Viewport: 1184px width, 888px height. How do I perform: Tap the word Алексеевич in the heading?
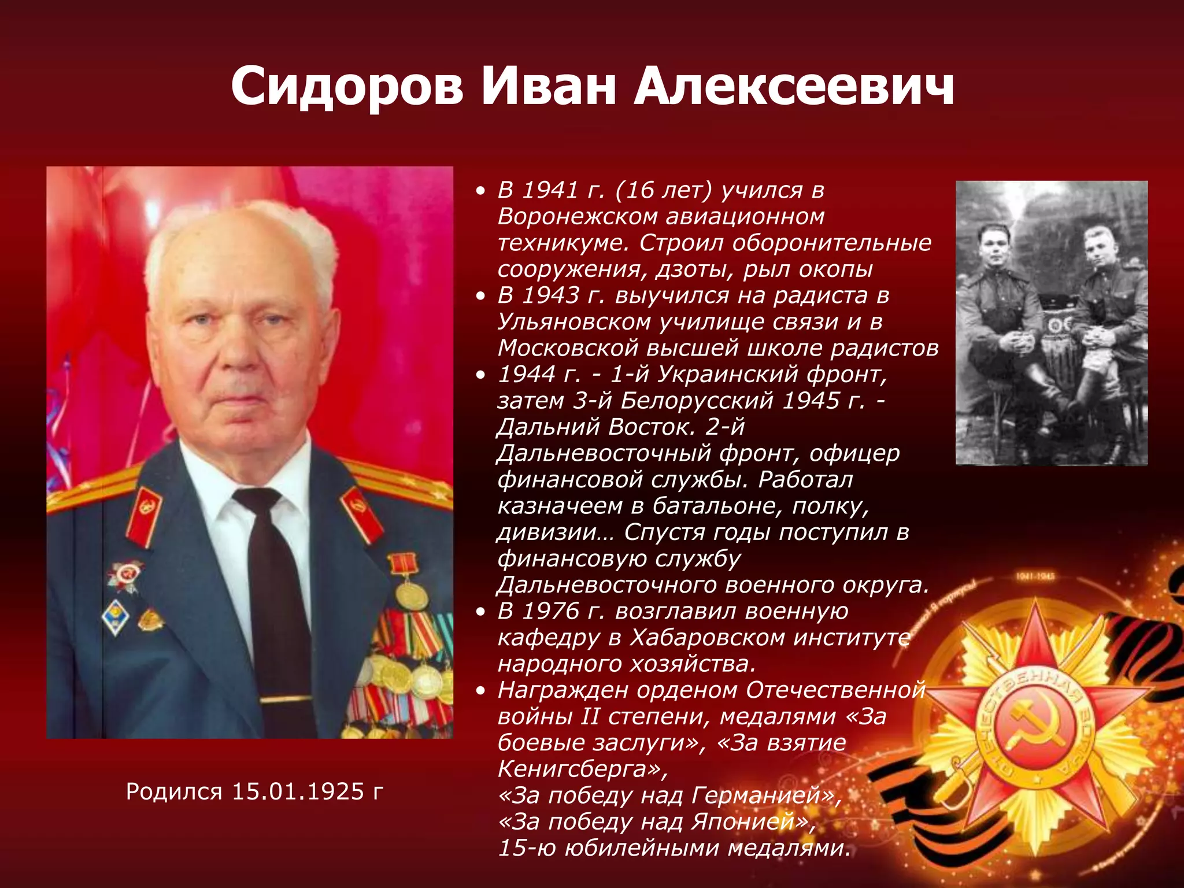[x=794, y=87]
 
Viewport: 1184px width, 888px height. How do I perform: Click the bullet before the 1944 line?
[x=480, y=375]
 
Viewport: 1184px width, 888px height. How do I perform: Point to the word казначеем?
[x=559, y=506]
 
